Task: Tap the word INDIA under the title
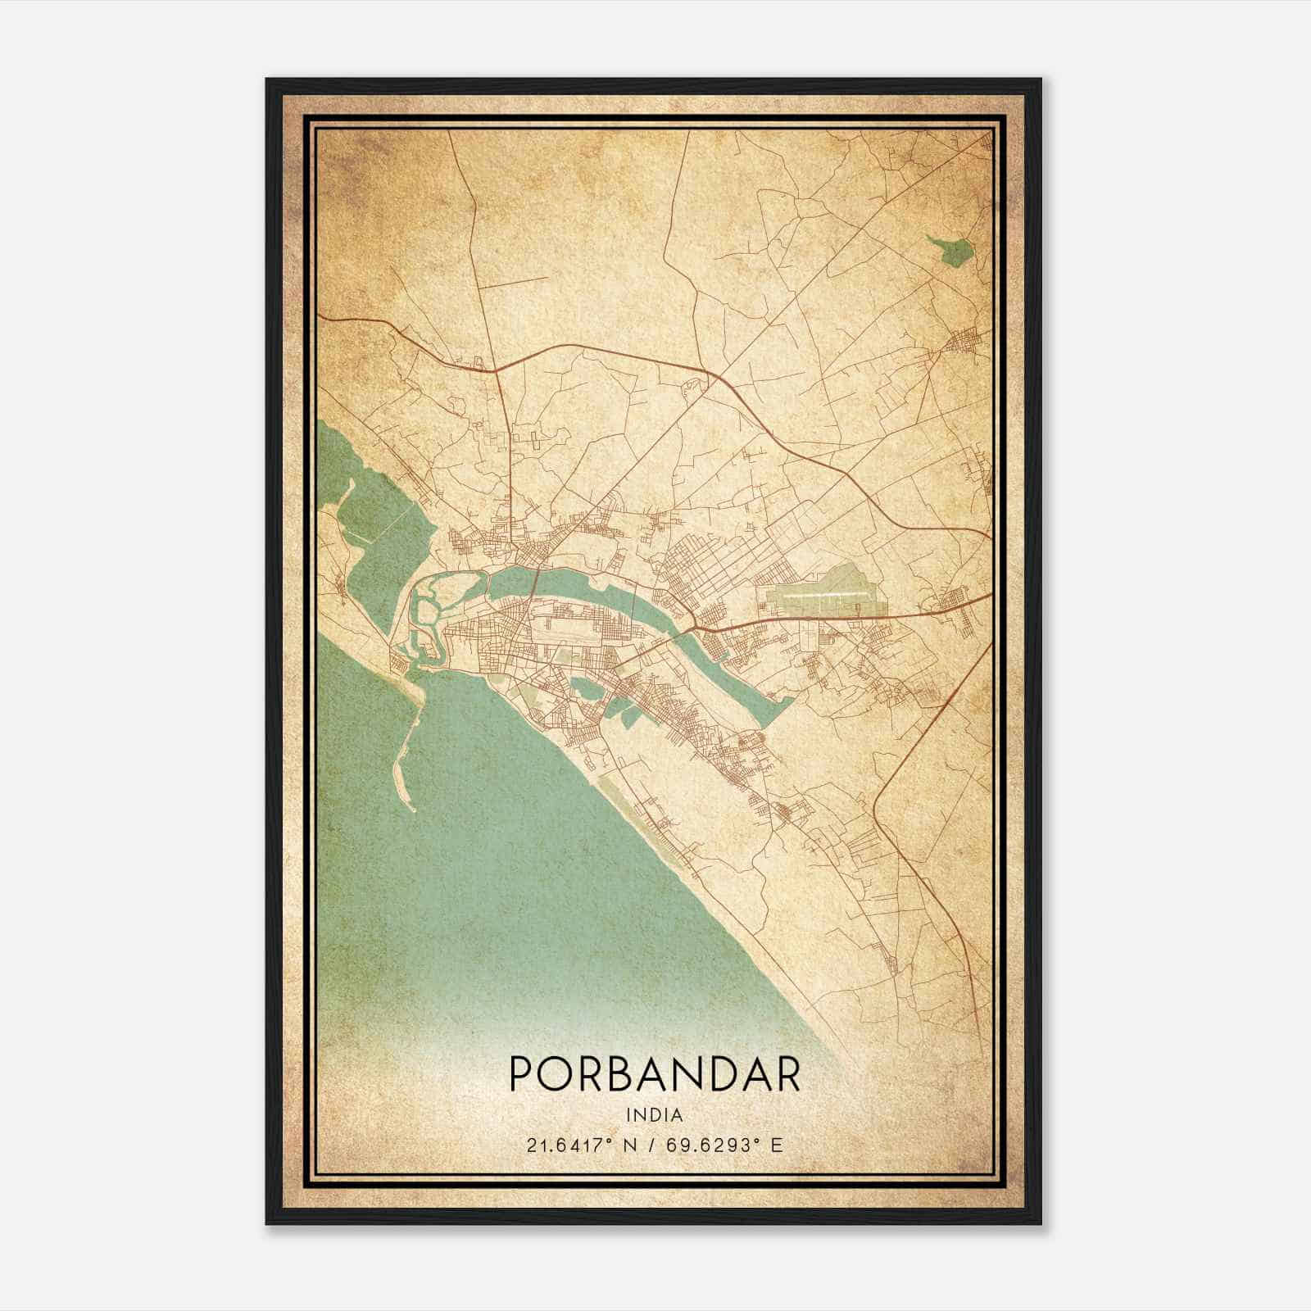coord(654,1114)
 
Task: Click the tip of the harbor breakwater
coord(413,810)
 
